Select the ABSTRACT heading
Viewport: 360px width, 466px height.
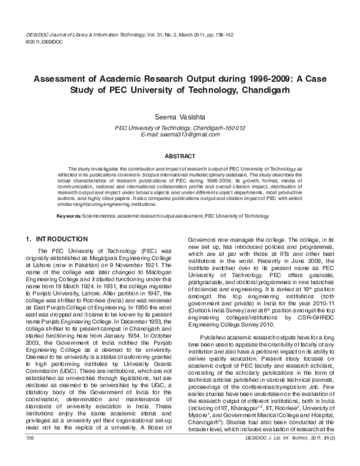pyautogui.click(x=180, y=156)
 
